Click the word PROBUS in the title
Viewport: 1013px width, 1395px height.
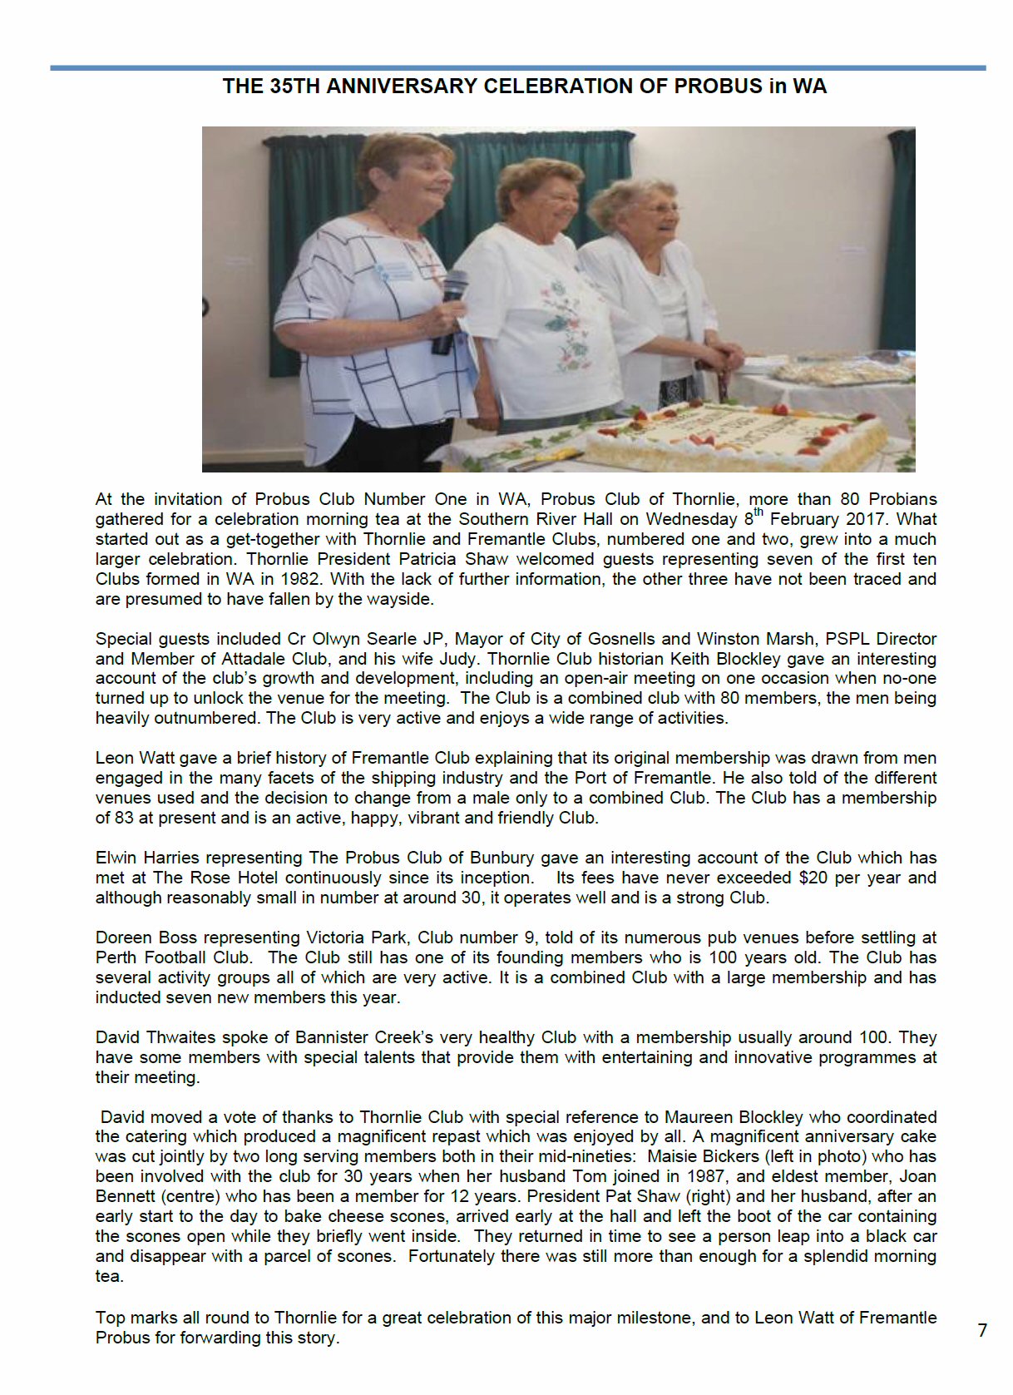coord(718,87)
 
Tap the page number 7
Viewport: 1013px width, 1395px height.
coord(982,1330)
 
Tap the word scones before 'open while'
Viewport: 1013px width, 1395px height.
coord(154,1236)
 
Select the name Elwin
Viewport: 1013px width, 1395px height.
coord(116,858)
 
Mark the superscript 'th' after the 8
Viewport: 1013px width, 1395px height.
coord(759,512)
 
